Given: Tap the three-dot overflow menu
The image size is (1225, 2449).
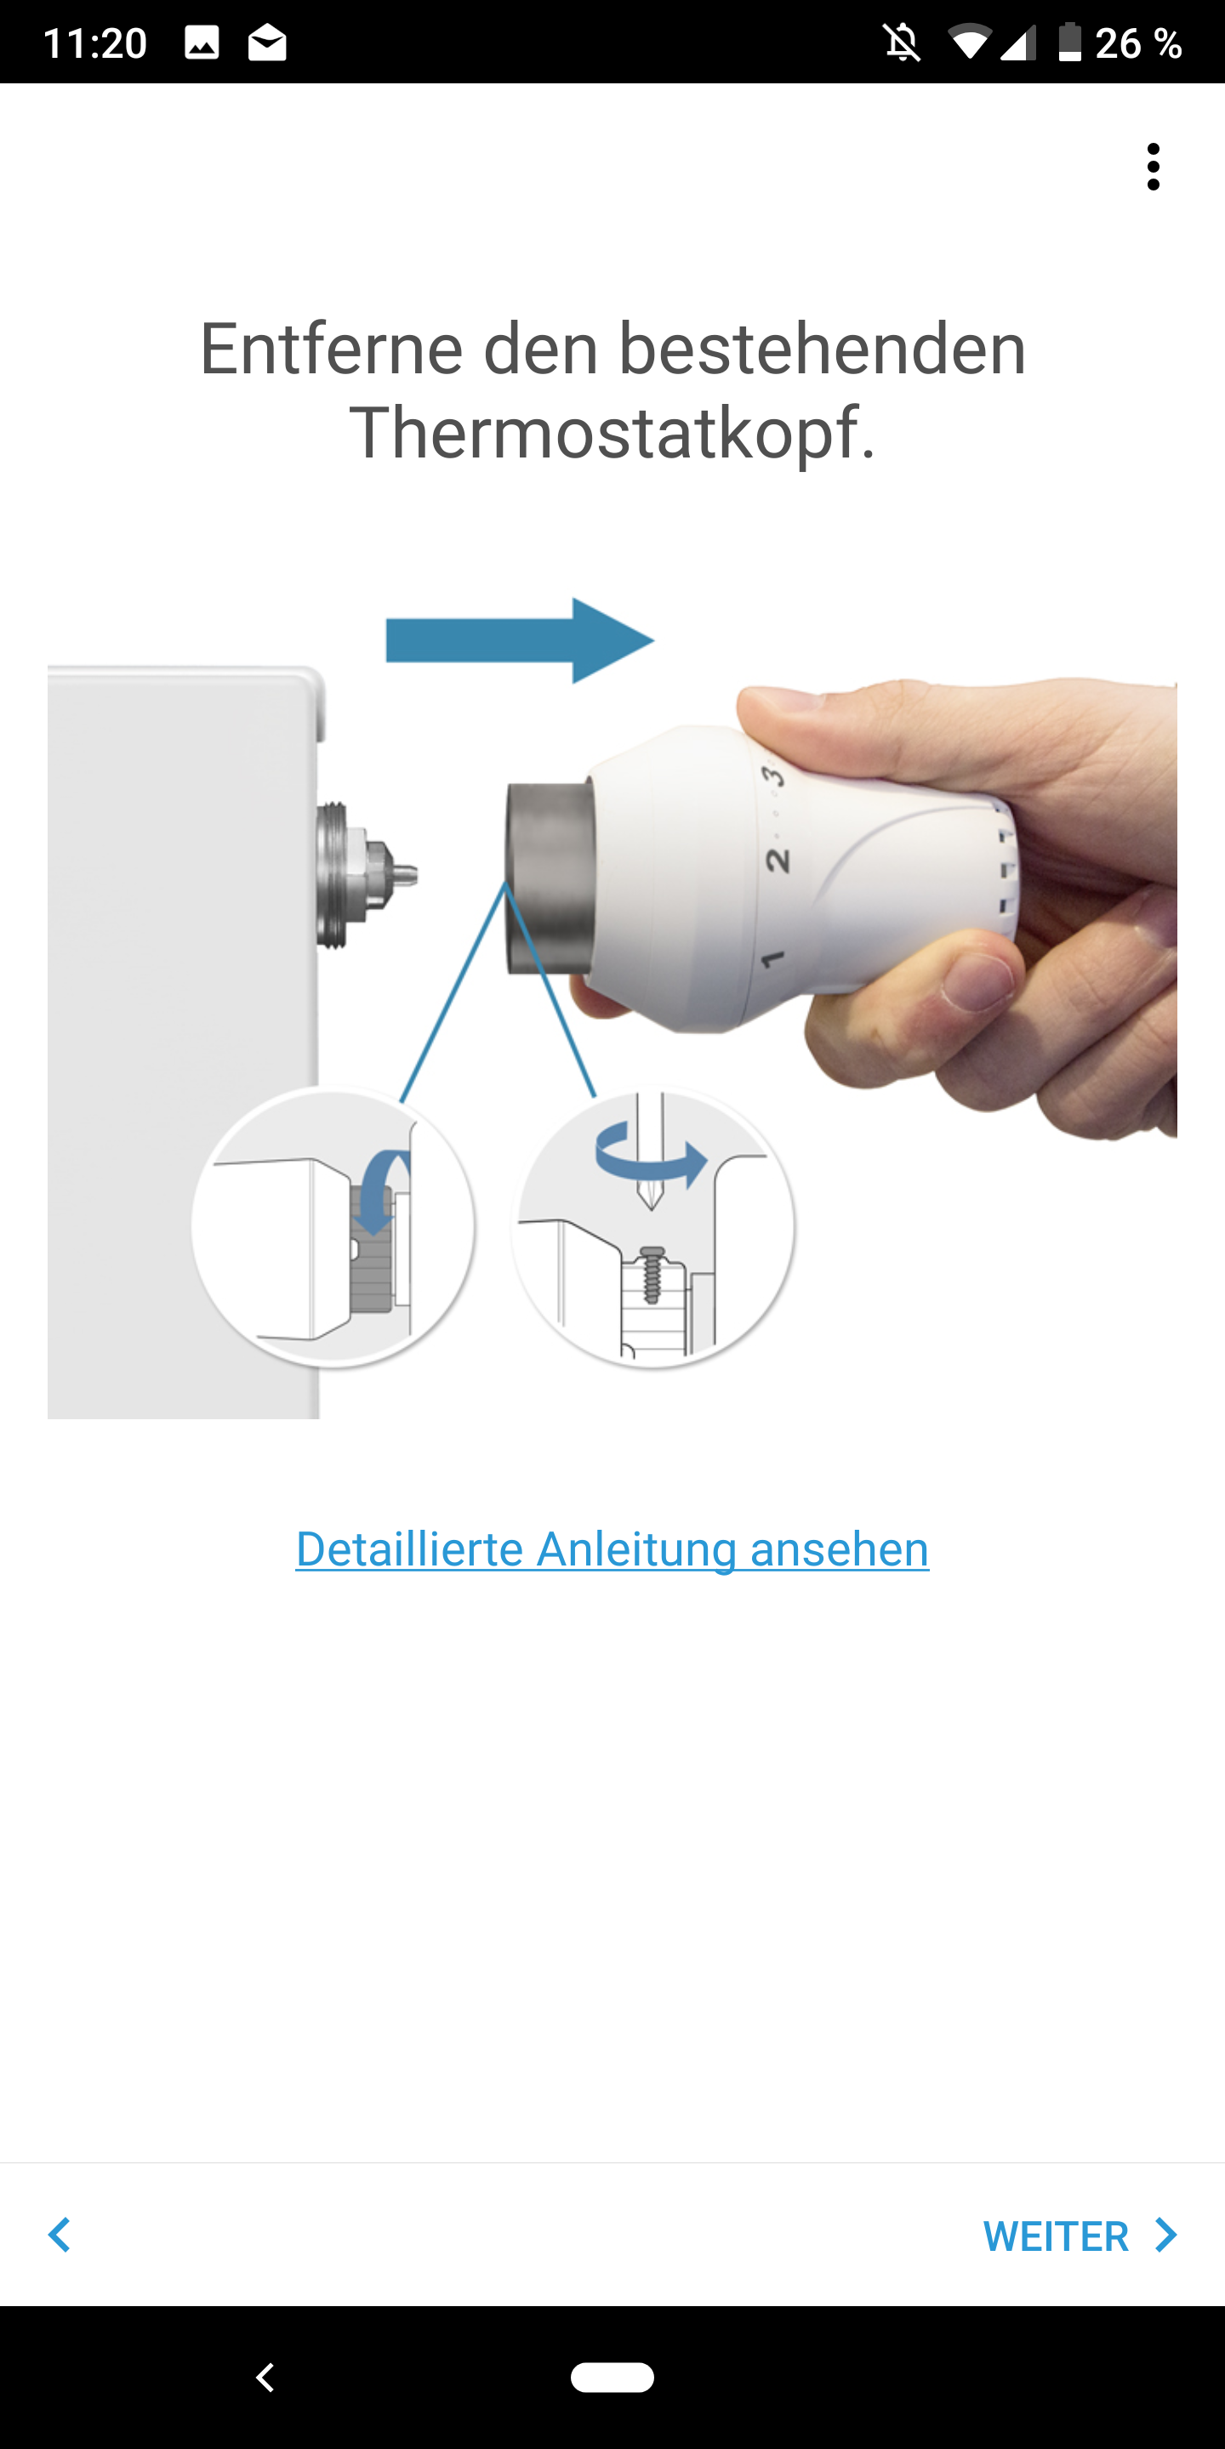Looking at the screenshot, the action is (1153, 167).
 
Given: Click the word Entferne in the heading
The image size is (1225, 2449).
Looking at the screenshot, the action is (331, 349).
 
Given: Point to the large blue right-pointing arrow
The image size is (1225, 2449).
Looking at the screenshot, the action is (519, 641).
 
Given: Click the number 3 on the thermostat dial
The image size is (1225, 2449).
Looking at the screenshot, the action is (774, 776).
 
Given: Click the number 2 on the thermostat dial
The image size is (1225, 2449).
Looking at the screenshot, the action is (777, 861).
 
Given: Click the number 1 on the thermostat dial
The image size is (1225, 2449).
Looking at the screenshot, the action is (772, 958).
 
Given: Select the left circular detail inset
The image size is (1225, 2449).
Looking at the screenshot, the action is (333, 1225).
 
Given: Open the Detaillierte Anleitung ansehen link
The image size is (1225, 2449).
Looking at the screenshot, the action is (612, 1549).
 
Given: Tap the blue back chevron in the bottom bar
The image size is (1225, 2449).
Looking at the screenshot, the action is (59, 2235).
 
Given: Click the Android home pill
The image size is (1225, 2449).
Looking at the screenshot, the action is (612, 2378).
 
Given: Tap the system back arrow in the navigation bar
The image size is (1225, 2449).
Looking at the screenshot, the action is (265, 2378).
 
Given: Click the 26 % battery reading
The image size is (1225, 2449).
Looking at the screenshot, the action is (1137, 43).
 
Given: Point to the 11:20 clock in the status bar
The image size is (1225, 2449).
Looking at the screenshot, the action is (95, 43).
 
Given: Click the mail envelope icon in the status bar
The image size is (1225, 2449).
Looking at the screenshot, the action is (267, 43).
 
